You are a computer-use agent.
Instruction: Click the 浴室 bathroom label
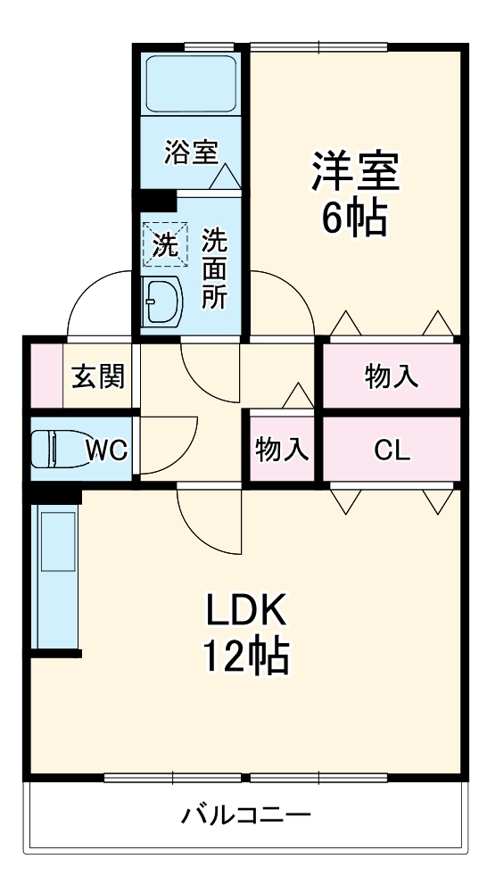click(x=191, y=153)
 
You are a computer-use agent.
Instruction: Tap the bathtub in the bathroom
click(x=191, y=86)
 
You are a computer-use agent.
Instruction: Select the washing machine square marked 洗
click(x=163, y=243)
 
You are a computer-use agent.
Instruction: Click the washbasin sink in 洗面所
click(x=162, y=301)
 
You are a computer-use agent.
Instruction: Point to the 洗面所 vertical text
click(x=214, y=268)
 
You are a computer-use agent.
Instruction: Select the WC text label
click(x=106, y=450)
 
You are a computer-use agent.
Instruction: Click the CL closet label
click(x=392, y=450)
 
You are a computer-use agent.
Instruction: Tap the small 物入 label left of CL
click(x=282, y=450)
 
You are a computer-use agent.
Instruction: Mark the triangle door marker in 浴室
click(x=225, y=177)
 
